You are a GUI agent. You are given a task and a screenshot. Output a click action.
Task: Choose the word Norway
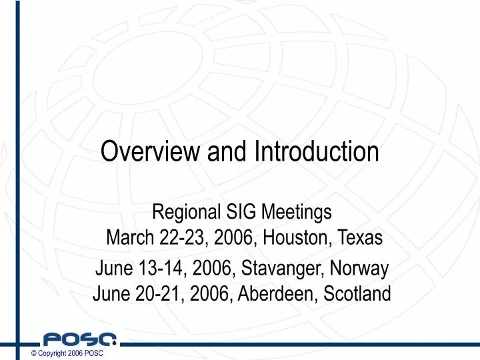point(360,270)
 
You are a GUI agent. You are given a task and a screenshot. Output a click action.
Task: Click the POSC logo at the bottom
point(79,339)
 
